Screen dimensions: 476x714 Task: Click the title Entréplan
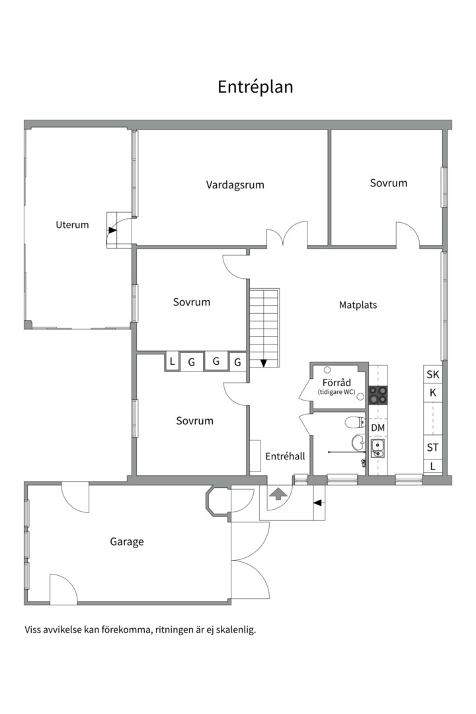[x=255, y=87]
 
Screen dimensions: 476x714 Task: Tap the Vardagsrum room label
[x=235, y=185]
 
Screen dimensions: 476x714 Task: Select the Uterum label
[x=72, y=225]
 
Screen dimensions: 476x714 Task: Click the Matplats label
[x=358, y=305]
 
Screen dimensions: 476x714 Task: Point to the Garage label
[x=127, y=542]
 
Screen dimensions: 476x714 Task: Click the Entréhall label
[x=285, y=456]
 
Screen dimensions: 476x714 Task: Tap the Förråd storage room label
[x=337, y=383]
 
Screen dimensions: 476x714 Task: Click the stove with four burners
[x=377, y=395]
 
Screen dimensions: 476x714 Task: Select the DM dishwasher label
[x=377, y=428]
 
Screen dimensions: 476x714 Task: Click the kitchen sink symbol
[x=377, y=448]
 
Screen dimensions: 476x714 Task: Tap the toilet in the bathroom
[x=355, y=422]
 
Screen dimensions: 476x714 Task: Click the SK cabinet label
[x=433, y=374]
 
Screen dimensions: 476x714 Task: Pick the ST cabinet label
[x=432, y=448]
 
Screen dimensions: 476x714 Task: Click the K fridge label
[x=433, y=393]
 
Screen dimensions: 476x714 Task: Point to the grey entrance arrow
[x=278, y=494]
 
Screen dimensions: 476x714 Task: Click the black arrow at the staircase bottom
[x=264, y=363]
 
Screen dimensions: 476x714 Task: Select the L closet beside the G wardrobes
[x=172, y=362]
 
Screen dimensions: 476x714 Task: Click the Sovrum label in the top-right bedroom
[x=389, y=183]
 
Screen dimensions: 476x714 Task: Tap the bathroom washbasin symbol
[x=358, y=442]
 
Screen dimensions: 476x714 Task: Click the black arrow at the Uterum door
[x=112, y=231]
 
